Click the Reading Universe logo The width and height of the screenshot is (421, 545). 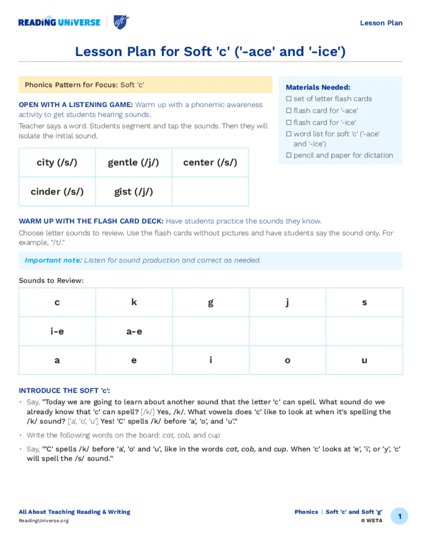click(59, 22)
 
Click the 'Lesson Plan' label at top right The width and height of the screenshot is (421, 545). click(381, 23)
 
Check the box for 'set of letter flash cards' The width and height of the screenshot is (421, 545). click(289, 99)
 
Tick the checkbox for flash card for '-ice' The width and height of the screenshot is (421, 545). click(289, 123)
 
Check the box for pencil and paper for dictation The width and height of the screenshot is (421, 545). click(289, 155)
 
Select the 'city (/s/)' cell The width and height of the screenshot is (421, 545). click(57, 162)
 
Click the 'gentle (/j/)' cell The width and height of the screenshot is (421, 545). click(134, 162)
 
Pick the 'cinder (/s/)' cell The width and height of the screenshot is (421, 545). click(57, 192)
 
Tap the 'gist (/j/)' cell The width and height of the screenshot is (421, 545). click(134, 192)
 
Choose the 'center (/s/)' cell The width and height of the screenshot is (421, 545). click(210, 162)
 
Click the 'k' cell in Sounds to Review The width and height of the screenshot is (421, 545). click(134, 302)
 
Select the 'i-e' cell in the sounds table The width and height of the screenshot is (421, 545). click(57, 331)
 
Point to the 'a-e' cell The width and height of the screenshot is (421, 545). click(134, 331)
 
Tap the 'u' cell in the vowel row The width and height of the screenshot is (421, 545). click(364, 360)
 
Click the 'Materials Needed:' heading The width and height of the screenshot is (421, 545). click(318, 87)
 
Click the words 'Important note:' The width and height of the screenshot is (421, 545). click(53, 260)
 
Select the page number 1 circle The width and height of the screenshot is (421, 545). click(399, 516)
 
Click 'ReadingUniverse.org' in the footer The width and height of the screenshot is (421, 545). click(44, 521)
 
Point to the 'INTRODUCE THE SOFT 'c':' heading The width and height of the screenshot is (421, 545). click(65, 390)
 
